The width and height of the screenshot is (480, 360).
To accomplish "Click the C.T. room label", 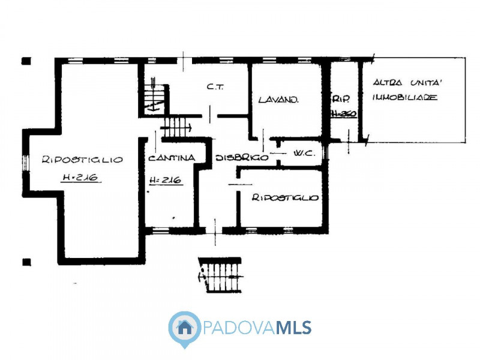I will (x=215, y=86).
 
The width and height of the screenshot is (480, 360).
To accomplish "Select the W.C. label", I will (x=304, y=154).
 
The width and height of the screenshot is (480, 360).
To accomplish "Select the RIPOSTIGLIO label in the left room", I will (x=82, y=160).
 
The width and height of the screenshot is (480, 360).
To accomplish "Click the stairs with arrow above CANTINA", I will (x=175, y=127).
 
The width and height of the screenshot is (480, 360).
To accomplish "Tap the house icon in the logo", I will (x=185, y=328).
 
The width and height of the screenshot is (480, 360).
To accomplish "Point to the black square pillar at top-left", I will (x=26, y=61).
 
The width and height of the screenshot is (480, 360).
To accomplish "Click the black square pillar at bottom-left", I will (x=26, y=262).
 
